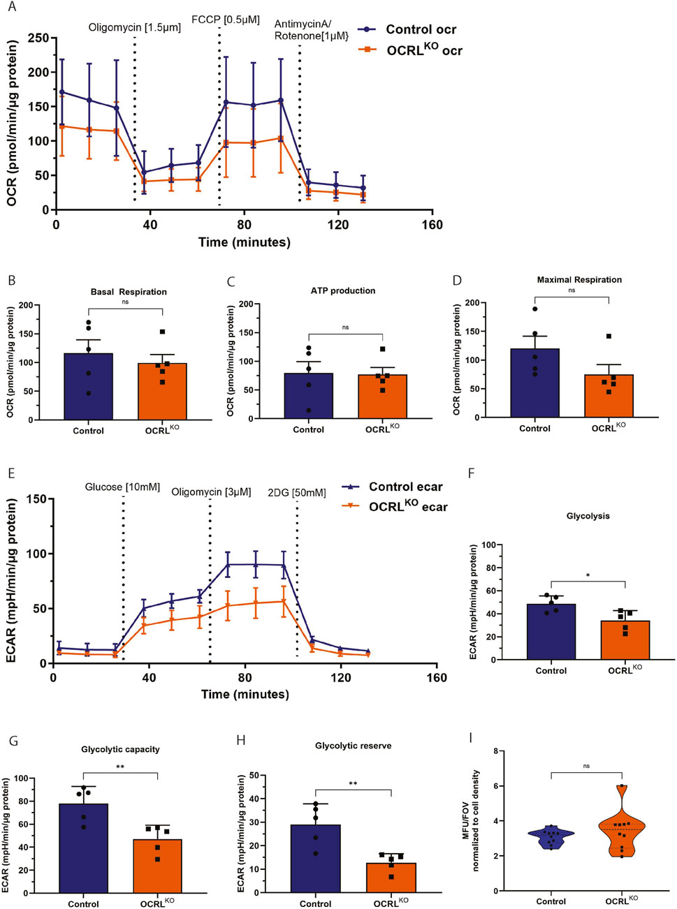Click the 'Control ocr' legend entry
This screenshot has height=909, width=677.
pos(421,29)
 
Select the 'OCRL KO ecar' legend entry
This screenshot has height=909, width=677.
pos(408,507)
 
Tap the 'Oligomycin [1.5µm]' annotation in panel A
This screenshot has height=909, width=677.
pos(134,28)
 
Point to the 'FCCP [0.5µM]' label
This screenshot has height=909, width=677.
pos(226,20)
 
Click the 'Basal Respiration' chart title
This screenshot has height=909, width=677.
pos(129,292)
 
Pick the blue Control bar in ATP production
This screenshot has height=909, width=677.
pos(308,396)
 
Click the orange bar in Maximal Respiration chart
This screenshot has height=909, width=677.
pos(609,396)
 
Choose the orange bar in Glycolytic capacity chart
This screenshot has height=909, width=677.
pos(157,866)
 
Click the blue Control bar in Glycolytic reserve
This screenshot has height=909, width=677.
pos(316,858)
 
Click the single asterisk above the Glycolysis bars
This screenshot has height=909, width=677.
pos(588,576)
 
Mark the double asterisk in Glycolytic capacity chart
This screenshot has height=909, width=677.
pos(121,767)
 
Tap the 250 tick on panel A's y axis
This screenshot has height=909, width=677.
pos(38,38)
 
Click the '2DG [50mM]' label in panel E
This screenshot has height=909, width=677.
pos(297,493)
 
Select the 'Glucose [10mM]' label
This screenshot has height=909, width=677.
pos(122,487)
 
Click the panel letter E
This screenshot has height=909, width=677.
pos(11,473)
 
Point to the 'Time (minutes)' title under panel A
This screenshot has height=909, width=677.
pos(244,242)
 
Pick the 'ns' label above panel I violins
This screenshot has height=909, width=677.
pos(586,766)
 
